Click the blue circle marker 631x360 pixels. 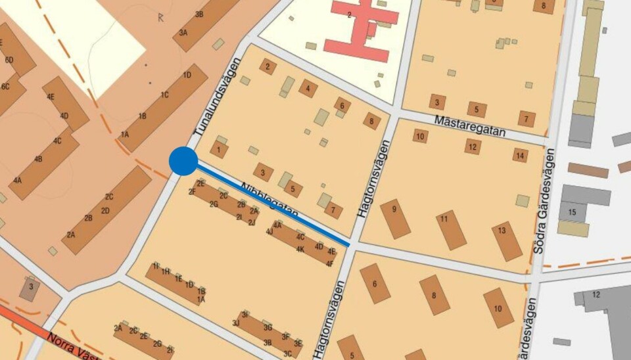click(183, 161)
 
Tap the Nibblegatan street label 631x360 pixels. click(269, 200)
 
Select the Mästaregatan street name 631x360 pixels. click(470, 126)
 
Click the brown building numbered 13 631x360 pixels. click(507, 240)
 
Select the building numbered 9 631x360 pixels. click(395, 218)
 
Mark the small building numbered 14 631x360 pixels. click(521, 155)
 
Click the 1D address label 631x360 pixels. click(187, 75)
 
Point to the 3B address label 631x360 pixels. click(199, 14)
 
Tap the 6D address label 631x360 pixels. click(9, 60)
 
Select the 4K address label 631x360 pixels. click(300, 250)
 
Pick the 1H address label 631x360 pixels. click(166, 271)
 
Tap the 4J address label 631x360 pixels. click(269, 231)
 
